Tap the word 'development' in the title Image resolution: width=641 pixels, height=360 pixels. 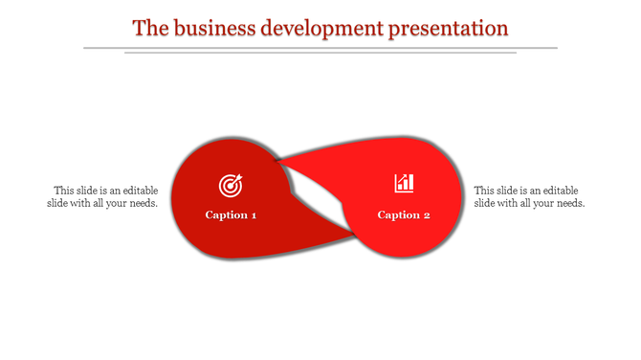[x=322, y=27]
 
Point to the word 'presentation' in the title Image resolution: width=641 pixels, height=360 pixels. [x=449, y=27]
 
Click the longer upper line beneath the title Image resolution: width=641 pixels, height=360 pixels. [x=320, y=47]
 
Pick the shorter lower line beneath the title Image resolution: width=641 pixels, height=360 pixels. [x=320, y=53]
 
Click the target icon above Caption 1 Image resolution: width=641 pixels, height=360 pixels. [x=231, y=184]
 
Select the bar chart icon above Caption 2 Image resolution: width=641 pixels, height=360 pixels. [x=404, y=182]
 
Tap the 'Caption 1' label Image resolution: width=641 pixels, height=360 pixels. [x=231, y=214]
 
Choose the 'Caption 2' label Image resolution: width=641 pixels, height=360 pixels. [x=404, y=214]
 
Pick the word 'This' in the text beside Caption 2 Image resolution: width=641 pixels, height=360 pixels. [x=485, y=191]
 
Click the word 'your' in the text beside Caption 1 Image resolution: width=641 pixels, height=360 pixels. [x=114, y=203]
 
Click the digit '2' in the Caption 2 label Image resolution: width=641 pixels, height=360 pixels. [x=427, y=214]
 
